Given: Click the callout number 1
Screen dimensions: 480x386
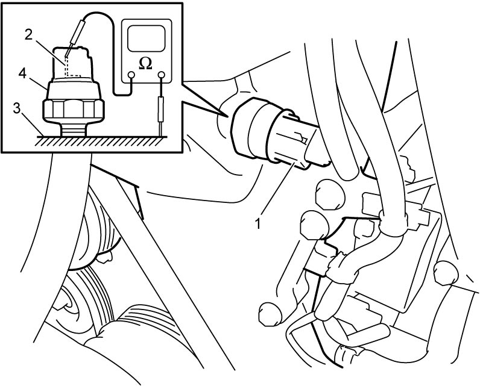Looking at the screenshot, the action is click(x=258, y=223).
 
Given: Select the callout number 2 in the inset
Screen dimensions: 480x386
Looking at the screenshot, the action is click(x=28, y=35).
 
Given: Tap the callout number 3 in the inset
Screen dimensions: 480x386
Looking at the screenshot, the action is click(x=17, y=108).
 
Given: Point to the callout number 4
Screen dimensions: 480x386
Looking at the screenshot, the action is click(x=22, y=73).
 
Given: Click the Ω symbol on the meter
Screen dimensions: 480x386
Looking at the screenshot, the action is click(x=145, y=63).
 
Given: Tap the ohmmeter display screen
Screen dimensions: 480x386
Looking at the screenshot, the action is click(x=146, y=39).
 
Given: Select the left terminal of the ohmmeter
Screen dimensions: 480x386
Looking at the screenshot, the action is click(x=131, y=75).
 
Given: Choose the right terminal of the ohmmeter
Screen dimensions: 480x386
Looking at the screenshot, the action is click(x=161, y=75).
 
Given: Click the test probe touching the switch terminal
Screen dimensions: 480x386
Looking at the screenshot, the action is click(x=75, y=36).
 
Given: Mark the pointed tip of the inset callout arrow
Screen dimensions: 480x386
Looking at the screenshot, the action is click(x=227, y=116).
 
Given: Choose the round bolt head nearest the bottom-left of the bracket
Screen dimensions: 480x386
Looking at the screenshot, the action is click(x=270, y=314).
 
